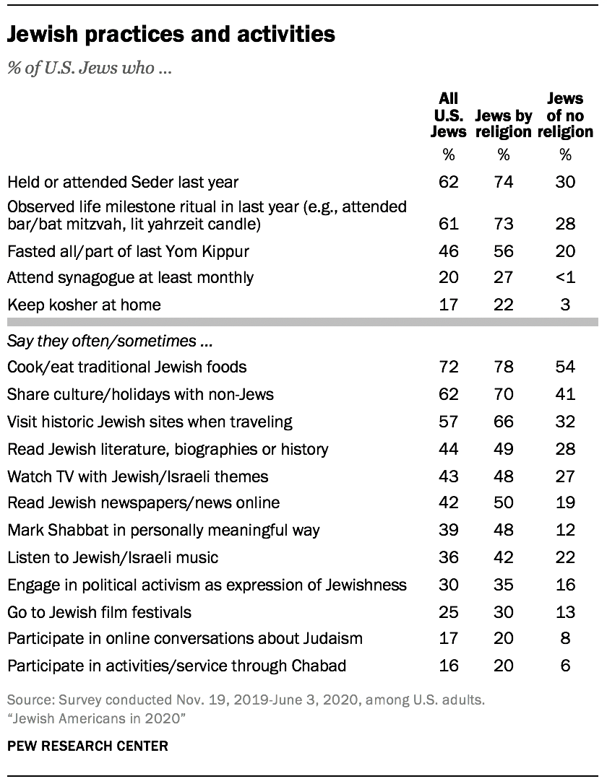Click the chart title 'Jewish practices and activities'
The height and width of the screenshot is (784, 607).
point(171,34)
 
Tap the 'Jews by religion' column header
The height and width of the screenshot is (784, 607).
point(504,123)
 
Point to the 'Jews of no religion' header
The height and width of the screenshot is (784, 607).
point(565,115)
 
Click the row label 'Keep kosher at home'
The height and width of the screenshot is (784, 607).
point(83,304)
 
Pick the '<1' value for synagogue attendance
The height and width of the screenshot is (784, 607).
point(565,276)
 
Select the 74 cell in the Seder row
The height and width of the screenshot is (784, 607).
point(504,181)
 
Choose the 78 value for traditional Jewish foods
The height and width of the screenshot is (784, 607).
point(504,367)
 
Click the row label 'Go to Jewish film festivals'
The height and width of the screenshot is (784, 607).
point(99,612)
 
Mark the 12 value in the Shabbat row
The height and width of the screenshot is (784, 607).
point(565,531)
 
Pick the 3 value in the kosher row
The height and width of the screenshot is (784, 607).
point(565,304)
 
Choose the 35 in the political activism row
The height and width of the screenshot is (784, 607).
point(504,585)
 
